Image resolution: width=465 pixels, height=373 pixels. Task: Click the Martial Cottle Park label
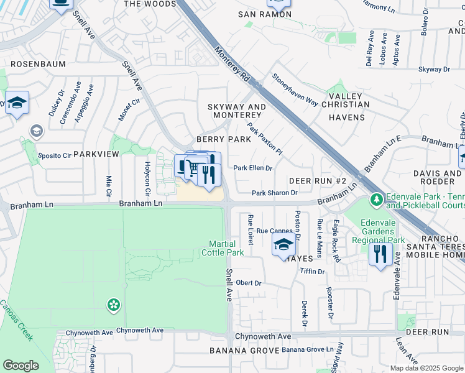(222, 248)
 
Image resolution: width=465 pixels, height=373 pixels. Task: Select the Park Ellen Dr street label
(253, 168)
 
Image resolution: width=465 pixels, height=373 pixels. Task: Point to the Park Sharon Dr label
(274, 193)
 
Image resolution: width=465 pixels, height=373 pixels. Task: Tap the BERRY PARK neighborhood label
(223, 139)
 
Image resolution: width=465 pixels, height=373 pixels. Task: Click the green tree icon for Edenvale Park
(375, 200)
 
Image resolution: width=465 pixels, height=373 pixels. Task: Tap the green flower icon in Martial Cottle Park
(113, 305)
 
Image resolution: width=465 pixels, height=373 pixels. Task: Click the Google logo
(21, 366)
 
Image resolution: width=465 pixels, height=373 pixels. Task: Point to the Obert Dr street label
(248, 283)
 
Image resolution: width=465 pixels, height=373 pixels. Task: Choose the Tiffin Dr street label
(312, 272)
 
